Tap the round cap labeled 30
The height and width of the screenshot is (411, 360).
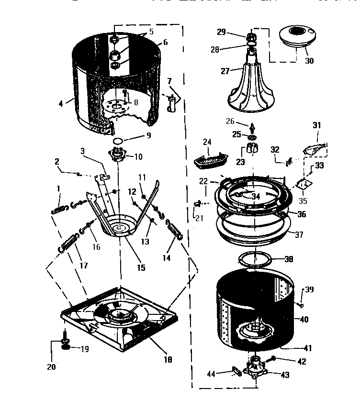coord(297,36)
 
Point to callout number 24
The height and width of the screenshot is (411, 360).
coord(207,142)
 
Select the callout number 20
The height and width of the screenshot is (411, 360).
coord(51,367)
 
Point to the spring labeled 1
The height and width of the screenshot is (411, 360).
coord(58,209)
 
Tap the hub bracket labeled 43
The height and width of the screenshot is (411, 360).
coord(254,368)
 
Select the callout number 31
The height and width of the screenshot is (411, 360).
coord(316,125)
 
